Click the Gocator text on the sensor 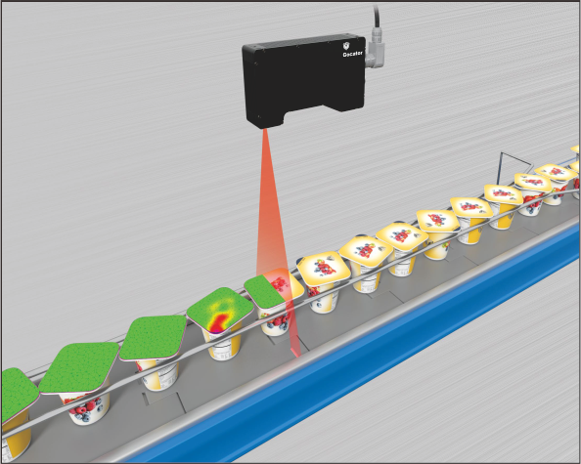pyautogui.click(x=352, y=55)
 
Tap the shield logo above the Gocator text pyautogui.click(x=346, y=46)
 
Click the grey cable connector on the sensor pyautogui.click(x=375, y=53)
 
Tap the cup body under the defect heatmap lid pyautogui.click(x=223, y=345)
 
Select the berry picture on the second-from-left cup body pyautogui.click(x=85, y=408)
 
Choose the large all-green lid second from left pyautogui.click(x=79, y=368)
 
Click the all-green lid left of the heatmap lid pyautogui.click(x=153, y=338)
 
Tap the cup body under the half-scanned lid pyautogui.click(x=276, y=321)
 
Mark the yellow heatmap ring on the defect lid pyautogui.click(x=219, y=307)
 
